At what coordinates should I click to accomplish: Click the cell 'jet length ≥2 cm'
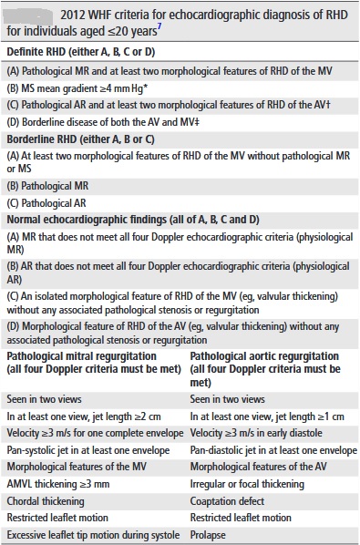[x=86, y=415]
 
